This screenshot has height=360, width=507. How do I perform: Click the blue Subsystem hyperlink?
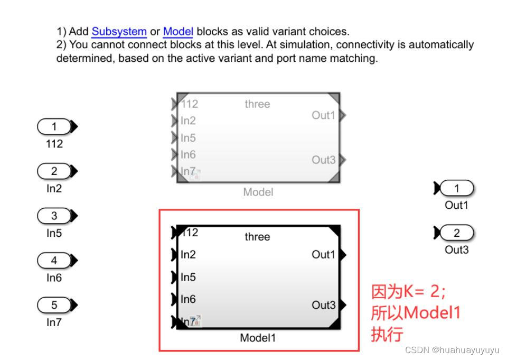tap(119, 32)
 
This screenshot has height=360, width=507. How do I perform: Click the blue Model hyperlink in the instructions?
tap(178, 32)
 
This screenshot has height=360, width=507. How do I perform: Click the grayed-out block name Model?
tap(258, 192)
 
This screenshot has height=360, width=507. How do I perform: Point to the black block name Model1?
tap(258, 338)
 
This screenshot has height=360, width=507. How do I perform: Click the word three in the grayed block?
tap(257, 104)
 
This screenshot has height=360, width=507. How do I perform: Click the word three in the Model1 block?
tap(257, 237)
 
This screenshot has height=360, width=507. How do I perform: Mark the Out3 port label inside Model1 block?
tap(323, 305)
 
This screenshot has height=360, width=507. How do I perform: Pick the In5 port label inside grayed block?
tap(188, 138)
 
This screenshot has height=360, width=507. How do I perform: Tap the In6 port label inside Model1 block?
tap(188, 299)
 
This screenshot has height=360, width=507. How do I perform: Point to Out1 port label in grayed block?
tap(323, 115)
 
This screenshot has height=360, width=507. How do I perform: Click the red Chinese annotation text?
tap(415, 312)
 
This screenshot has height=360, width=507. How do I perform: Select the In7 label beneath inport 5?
tap(54, 322)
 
